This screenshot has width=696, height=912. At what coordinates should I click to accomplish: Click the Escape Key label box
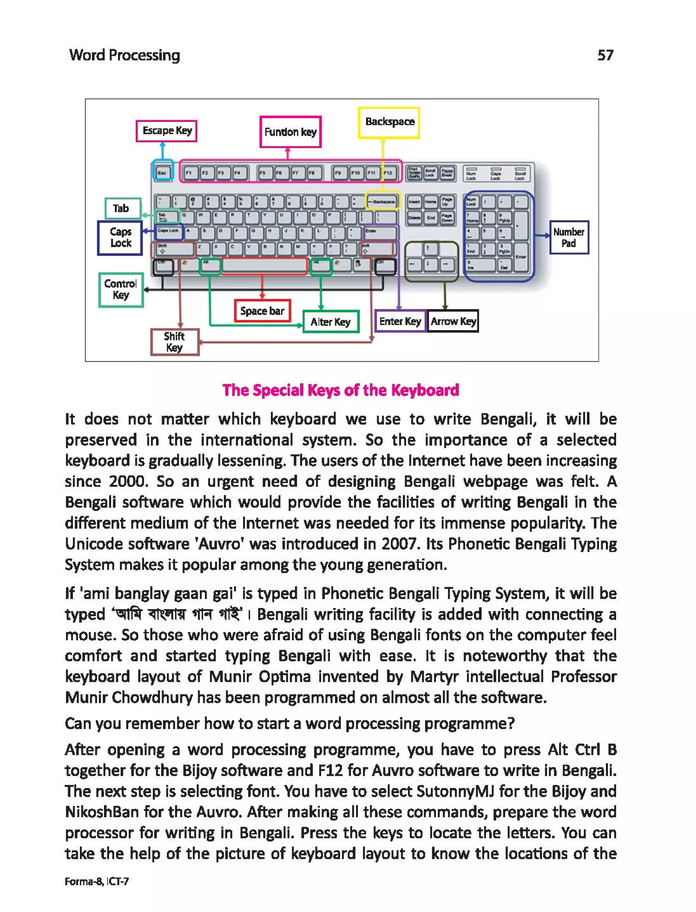pos(167,131)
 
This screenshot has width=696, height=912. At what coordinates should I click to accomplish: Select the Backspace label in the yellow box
pos(389,122)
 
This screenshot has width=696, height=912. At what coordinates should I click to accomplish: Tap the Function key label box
pos(291,132)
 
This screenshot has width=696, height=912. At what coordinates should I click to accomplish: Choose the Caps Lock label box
pos(120,238)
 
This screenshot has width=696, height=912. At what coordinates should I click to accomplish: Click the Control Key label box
pos(121,289)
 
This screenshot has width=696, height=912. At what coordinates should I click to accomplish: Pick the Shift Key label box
pos(174,342)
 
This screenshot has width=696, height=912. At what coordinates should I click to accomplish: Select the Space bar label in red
pos(262,311)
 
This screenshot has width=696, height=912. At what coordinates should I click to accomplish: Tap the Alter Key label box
pos(331,322)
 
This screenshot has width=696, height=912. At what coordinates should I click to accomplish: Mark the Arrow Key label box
pos(453,321)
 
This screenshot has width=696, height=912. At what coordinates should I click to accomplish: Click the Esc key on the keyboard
pos(162,173)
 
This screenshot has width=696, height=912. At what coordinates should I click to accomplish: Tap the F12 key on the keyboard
pos(388,173)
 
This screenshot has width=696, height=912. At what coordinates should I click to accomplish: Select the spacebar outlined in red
pos(264,266)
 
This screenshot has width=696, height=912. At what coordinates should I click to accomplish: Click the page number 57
pos(605,55)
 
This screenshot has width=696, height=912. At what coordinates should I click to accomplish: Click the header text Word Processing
pos(124,55)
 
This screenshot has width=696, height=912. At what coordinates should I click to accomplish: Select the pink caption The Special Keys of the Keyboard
pos(341,390)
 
